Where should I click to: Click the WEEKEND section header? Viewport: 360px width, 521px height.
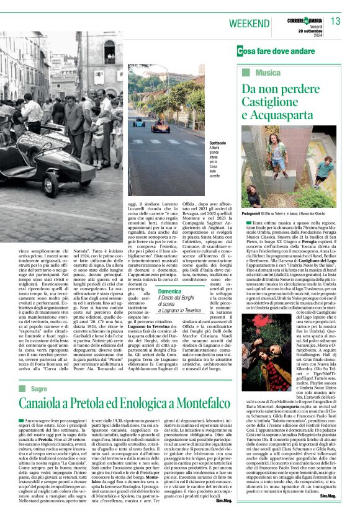pos(249,23)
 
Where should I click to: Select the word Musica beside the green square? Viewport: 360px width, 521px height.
pos(260,73)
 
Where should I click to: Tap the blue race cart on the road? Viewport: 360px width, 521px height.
pos(138,122)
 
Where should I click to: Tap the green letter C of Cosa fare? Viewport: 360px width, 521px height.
pos(240,51)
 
